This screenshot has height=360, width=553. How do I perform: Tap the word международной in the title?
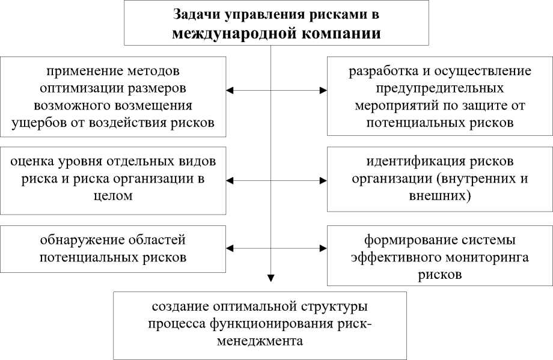pyautogui.click(x=231, y=33)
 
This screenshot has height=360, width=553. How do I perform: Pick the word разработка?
pyautogui.click(x=382, y=72)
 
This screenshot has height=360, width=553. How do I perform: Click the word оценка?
pyautogui.click(x=34, y=162)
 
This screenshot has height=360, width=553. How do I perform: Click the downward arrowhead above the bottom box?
pyautogui.click(x=271, y=278)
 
